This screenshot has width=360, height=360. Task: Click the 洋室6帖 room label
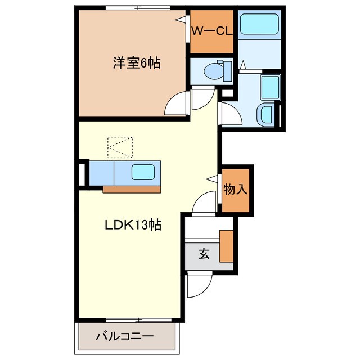pos(136,63)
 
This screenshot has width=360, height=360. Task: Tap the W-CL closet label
pos(211,31)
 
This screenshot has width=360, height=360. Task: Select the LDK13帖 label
pos(133,225)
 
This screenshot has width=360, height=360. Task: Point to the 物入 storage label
pos(235,189)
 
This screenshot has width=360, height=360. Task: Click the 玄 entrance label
pos(203,254)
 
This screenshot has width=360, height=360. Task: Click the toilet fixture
pos(216,71)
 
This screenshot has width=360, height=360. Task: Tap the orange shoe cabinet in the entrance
pos(226,246)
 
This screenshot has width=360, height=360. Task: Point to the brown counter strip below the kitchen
pos(132,188)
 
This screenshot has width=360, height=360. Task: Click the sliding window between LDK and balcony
pos(128,321)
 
